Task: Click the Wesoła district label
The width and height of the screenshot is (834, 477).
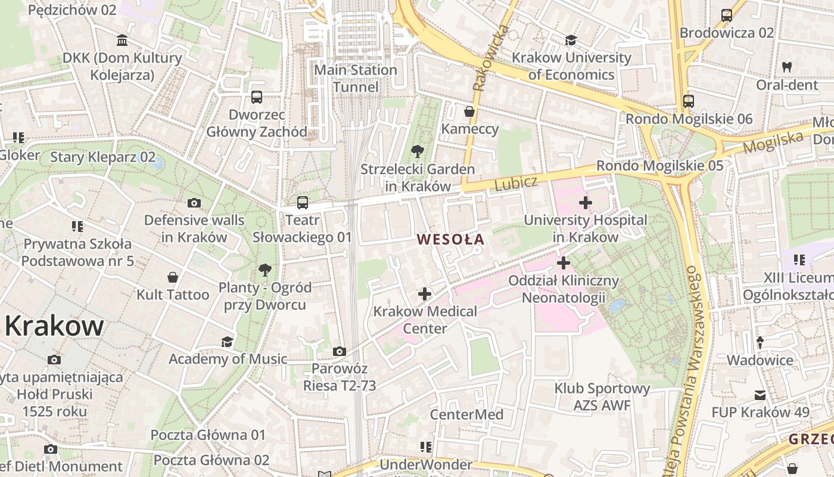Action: pos(450,240)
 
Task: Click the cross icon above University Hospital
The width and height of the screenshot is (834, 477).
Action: pos(586,203)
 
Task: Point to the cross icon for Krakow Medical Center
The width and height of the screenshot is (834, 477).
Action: pos(425,294)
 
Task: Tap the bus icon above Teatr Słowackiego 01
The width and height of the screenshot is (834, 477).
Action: pos(303,203)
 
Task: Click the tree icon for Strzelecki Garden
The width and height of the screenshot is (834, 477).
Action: pos(418,151)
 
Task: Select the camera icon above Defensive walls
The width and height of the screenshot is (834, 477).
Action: pos(194,203)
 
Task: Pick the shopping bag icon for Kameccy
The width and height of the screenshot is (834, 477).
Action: pos(469,111)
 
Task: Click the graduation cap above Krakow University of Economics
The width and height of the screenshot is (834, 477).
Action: pos(571,41)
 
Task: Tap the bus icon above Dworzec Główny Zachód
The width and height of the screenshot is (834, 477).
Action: pos(257,97)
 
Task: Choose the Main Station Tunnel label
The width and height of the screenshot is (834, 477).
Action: pos(356,78)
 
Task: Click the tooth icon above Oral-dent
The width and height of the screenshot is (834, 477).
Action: pos(786,67)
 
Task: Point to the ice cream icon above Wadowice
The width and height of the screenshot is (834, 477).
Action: pos(760,343)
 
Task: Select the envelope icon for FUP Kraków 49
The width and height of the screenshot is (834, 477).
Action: pos(760,395)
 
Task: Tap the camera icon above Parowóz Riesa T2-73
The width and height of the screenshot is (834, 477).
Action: pos(340,352)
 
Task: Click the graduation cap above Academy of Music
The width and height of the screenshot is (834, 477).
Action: pos(227,342)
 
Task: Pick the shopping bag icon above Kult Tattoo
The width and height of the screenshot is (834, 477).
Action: pos(173,277)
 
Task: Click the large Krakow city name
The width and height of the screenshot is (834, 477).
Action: pos(54,326)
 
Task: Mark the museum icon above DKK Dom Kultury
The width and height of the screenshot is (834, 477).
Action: pos(122,41)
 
